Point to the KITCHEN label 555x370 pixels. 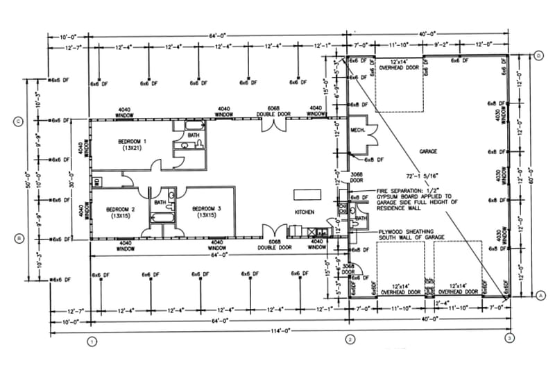click(305, 212)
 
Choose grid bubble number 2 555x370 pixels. click(350, 339)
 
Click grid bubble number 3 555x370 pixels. click(510, 339)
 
